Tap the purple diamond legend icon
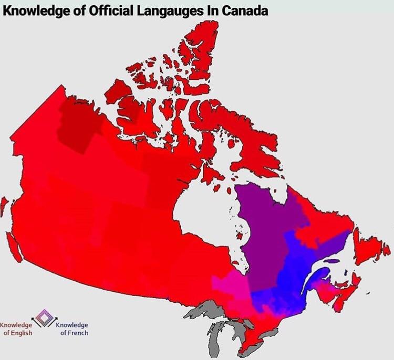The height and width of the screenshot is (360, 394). [44, 316]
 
